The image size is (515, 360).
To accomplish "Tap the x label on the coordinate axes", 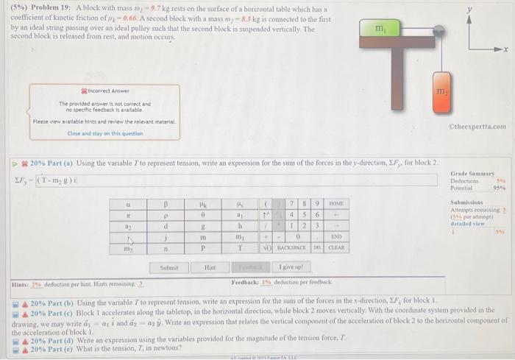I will tap(506, 49).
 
